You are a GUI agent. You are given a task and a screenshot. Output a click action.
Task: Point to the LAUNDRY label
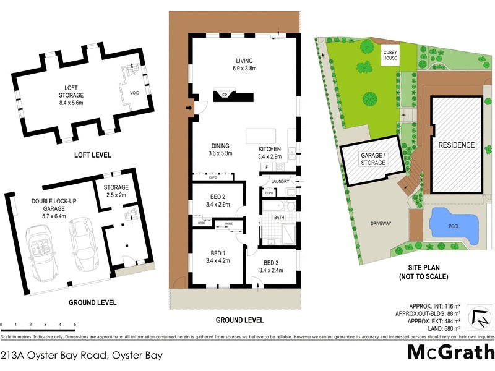280,181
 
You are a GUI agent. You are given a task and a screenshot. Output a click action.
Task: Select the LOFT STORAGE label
71,92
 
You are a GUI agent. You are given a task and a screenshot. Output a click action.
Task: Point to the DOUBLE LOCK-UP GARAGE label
54,208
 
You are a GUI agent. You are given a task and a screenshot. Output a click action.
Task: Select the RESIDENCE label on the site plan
457,145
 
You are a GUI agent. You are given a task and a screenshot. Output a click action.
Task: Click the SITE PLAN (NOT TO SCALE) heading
424,272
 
